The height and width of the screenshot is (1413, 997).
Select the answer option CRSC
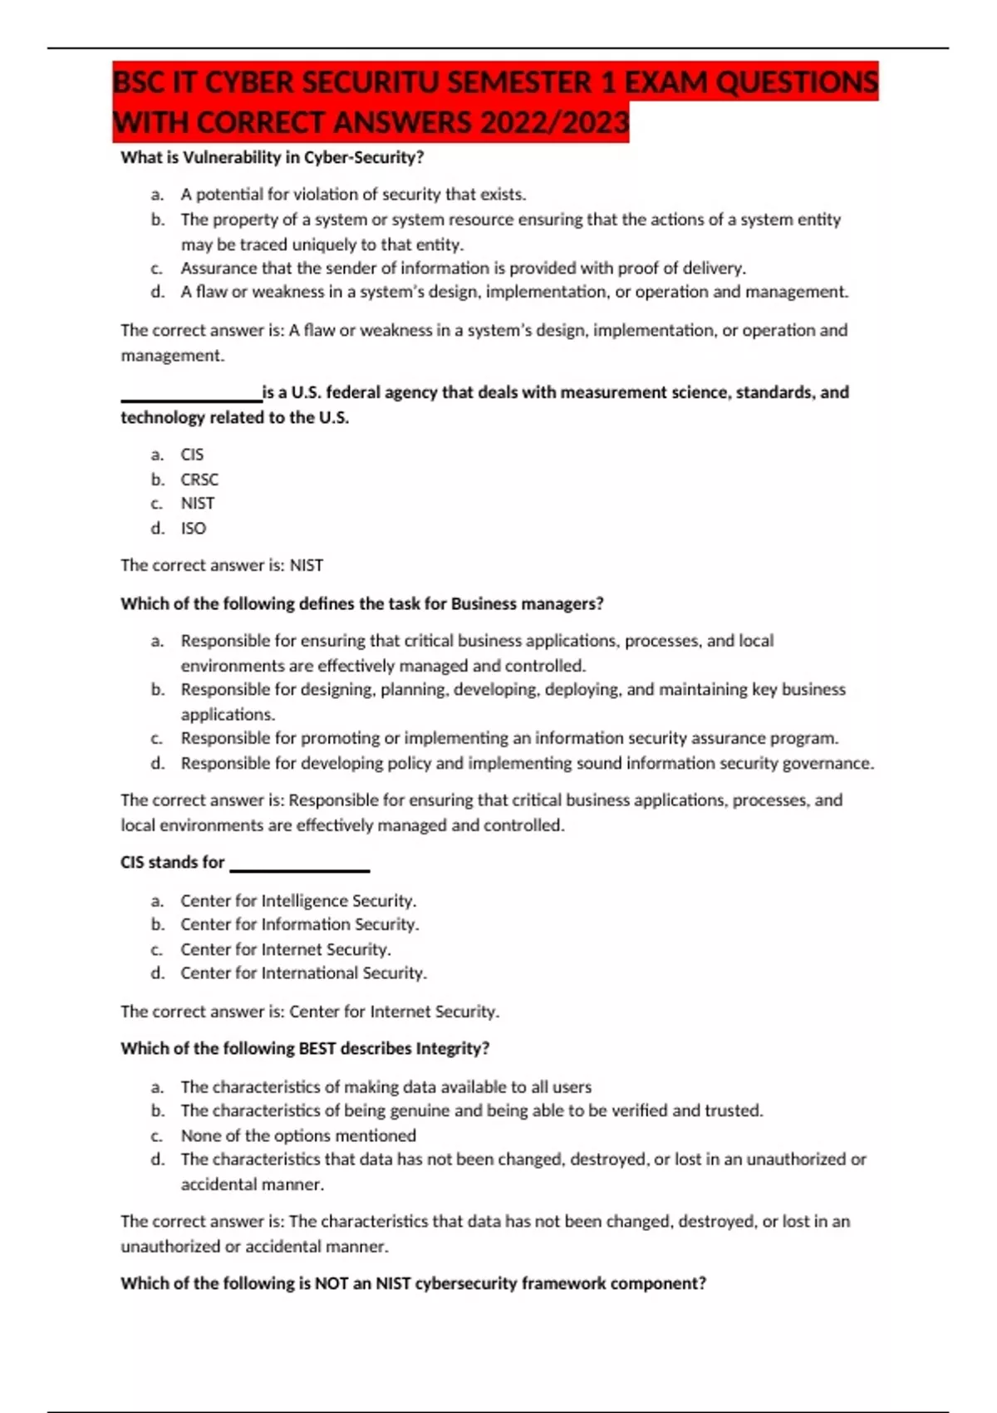point(199,480)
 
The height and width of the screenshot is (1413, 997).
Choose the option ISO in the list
point(194,528)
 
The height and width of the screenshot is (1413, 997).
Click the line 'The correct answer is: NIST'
point(222,565)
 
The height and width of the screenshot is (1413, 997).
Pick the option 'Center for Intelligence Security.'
point(298,901)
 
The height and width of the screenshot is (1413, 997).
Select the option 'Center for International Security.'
point(303,972)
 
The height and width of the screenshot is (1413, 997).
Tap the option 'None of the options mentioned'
point(298,1135)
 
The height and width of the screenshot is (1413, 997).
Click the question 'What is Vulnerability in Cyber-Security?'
point(273,157)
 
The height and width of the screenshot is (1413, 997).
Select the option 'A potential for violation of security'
point(353,194)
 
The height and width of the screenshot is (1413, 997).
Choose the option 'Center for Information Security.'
point(300,924)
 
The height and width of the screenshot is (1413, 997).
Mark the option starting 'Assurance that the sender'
point(463,268)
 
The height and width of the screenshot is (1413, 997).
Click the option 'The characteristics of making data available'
point(386,1087)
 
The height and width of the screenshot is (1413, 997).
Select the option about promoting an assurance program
point(509,738)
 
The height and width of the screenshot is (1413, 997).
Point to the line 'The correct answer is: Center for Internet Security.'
point(310,1012)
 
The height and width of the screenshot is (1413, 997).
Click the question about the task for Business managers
point(361,604)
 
